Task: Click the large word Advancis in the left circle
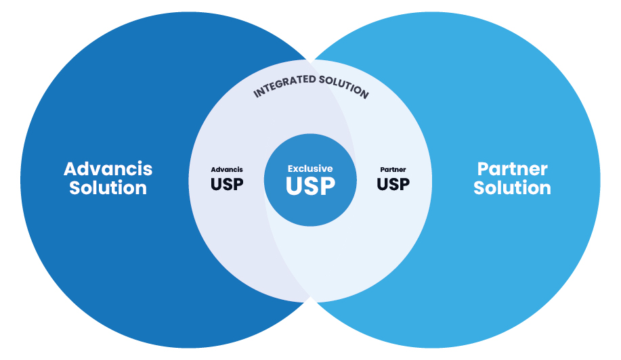pos(108,168)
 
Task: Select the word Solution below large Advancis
pos(108,188)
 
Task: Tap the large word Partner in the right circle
pos(512,168)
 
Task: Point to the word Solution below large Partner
pos(512,188)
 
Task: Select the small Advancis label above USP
pos(227,169)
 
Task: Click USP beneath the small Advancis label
pos(227,183)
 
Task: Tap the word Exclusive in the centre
pos(310,168)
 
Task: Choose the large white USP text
pos(311,186)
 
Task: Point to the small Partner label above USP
pos(393,169)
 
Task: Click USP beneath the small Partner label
pos(393,183)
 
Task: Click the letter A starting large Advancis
pos(71,168)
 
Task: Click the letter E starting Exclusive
pos(291,168)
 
